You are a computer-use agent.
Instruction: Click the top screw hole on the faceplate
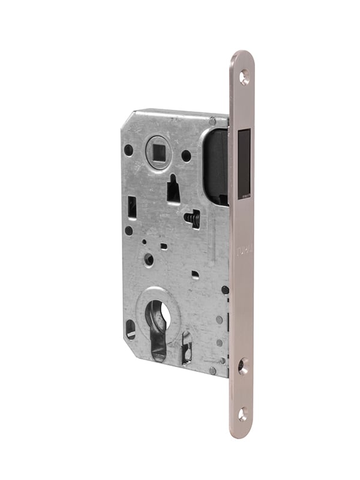244,76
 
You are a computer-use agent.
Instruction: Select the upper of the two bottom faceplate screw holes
243,365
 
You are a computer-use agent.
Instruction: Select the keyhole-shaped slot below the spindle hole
173,190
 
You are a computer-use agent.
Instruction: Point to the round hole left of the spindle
128,150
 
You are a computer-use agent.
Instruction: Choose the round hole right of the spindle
186,155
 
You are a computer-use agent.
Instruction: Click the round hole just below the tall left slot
128,230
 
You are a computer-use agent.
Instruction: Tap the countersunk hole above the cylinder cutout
149,260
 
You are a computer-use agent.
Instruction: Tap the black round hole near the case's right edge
224,290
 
